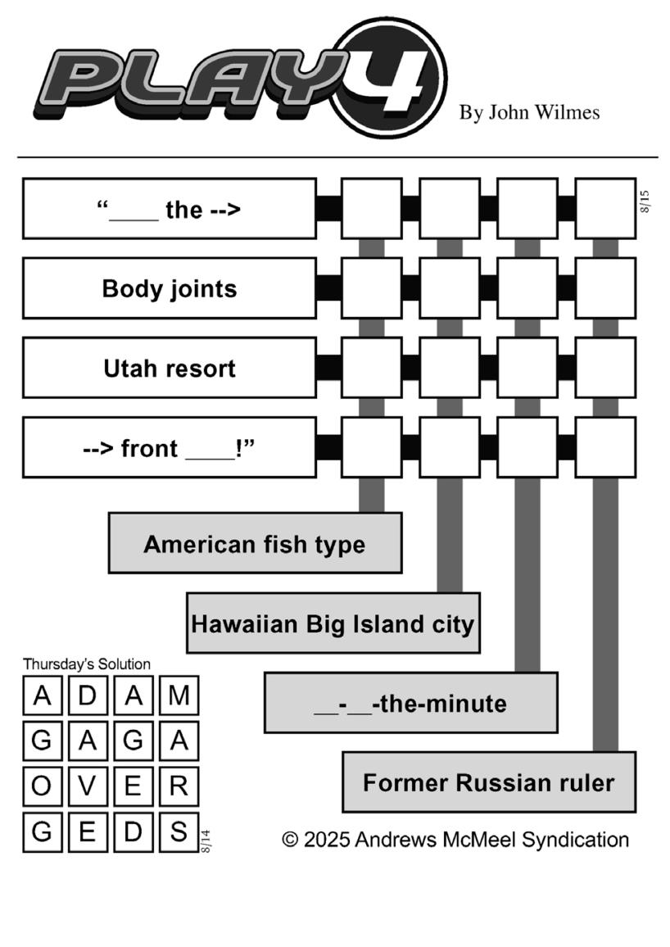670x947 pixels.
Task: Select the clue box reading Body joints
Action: (170, 288)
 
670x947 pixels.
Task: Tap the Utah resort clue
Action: (170, 368)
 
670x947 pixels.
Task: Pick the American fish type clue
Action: (256, 543)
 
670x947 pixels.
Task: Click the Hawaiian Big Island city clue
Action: (333, 623)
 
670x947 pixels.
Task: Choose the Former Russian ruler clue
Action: (489, 782)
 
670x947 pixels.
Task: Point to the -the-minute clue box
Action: (411, 702)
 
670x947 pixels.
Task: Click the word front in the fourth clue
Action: (149, 448)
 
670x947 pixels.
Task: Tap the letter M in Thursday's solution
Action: (179, 696)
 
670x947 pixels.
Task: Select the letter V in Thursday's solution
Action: (88, 786)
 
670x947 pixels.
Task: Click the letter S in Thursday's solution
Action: (179, 831)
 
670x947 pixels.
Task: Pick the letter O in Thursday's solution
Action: (42, 786)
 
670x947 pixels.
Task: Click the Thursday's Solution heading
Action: (87, 664)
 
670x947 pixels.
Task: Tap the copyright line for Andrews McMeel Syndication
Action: (455, 840)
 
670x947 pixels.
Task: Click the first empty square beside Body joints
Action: (372, 288)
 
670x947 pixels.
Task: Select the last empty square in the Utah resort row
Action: (605, 368)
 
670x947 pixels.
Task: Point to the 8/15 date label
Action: (645, 202)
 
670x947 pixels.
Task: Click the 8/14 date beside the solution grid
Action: (206, 841)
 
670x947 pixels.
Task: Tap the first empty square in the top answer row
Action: (372, 208)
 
